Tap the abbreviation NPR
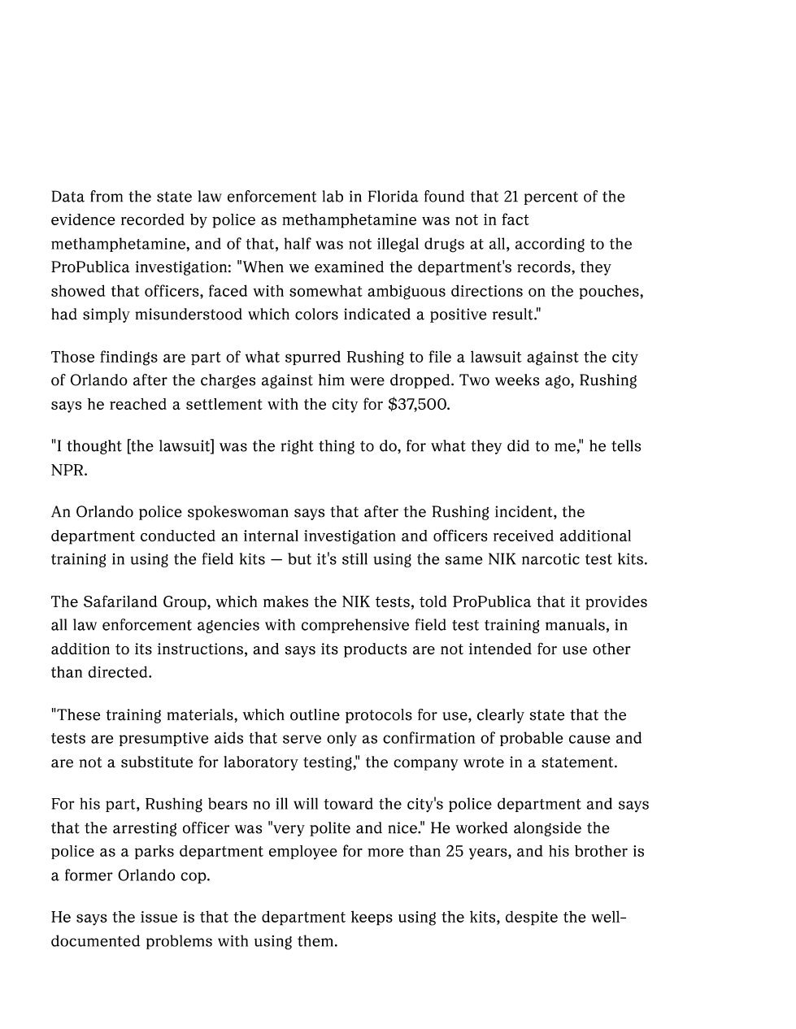coord(68,470)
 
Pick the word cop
coord(194,875)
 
